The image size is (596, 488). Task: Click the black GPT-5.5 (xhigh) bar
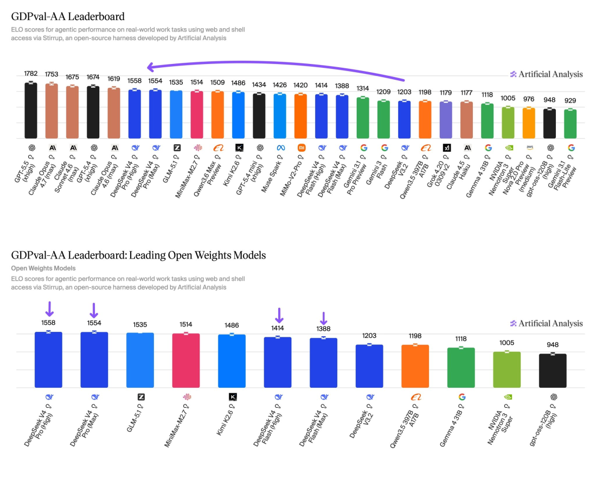[30, 111]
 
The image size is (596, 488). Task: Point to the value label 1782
[30, 73]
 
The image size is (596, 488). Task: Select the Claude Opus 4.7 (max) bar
[52, 111]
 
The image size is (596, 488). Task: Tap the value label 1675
[72, 77]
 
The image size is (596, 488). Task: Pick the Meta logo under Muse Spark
[280, 147]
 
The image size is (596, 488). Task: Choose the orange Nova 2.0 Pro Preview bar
[529, 123]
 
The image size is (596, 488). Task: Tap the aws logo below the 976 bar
[529, 147]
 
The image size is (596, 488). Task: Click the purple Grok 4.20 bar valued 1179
[446, 120]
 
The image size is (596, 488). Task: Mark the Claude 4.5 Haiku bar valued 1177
[466, 120]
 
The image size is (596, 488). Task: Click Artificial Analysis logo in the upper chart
[546, 74]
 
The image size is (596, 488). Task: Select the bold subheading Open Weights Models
[43, 268]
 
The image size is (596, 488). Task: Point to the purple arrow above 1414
[279, 314]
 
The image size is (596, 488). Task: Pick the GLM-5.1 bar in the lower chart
[140, 361]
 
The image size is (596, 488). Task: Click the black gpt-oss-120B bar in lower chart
[553, 371]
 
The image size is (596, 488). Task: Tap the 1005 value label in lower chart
[507, 343]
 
